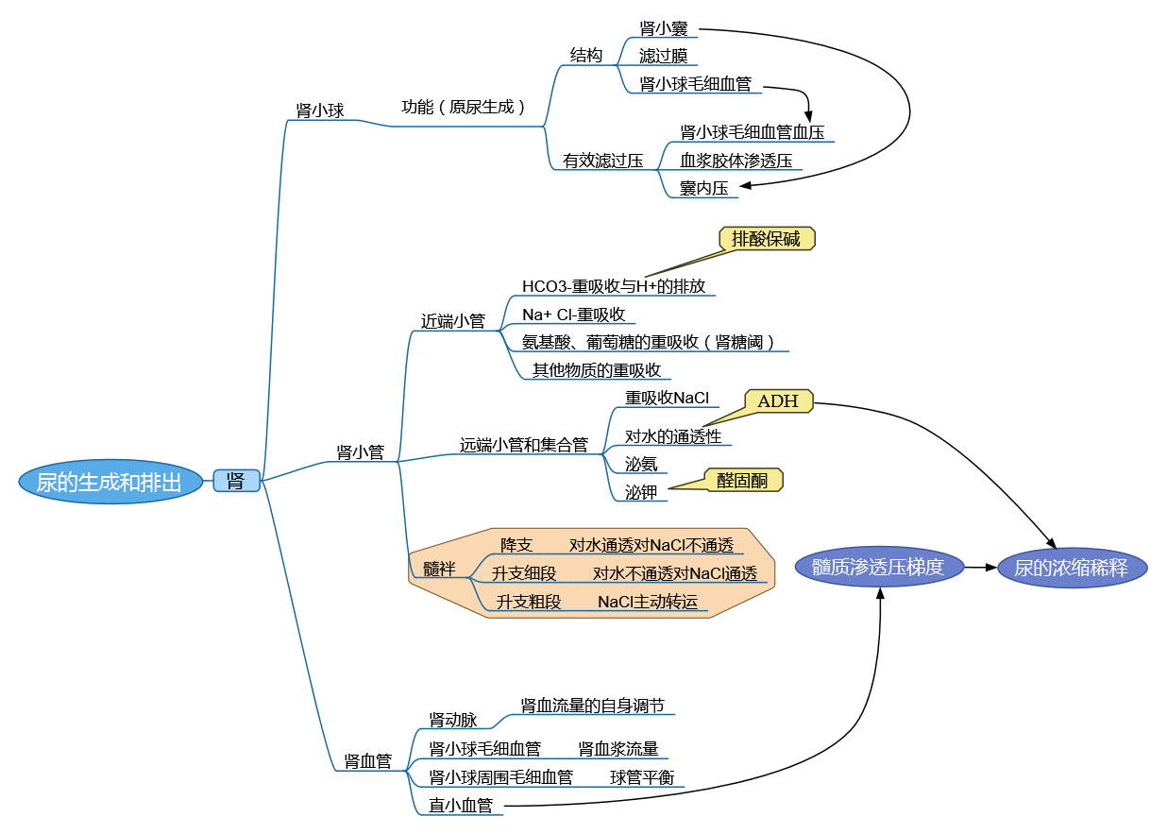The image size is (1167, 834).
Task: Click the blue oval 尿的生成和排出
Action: (x=110, y=483)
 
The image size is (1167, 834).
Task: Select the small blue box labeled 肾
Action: (x=236, y=481)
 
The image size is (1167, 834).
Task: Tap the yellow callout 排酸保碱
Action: (x=766, y=239)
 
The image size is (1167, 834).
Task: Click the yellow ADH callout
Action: (x=778, y=401)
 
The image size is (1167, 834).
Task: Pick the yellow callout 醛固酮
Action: (x=743, y=481)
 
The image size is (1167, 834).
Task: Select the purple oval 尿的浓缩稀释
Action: (x=1072, y=569)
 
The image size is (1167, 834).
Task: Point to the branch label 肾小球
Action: (x=320, y=111)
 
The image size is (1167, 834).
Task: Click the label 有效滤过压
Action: (x=602, y=161)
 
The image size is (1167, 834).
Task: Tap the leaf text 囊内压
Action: (x=704, y=188)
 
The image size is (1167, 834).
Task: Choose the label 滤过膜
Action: (x=663, y=57)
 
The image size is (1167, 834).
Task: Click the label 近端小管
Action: (x=453, y=321)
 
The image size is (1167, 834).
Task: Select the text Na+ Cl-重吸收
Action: (x=573, y=315)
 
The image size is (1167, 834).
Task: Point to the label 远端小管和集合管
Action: (x=524, y=444)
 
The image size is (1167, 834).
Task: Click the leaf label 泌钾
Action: (x=641, y=491)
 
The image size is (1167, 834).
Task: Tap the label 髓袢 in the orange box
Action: (x=439, y=570)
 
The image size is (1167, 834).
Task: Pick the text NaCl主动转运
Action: (x=649, y=602)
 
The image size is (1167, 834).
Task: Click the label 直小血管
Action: (x=461, y=806)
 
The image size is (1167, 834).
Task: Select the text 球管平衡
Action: (x=642, y=777)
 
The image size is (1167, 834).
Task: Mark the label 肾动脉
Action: (x=453, y=721)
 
